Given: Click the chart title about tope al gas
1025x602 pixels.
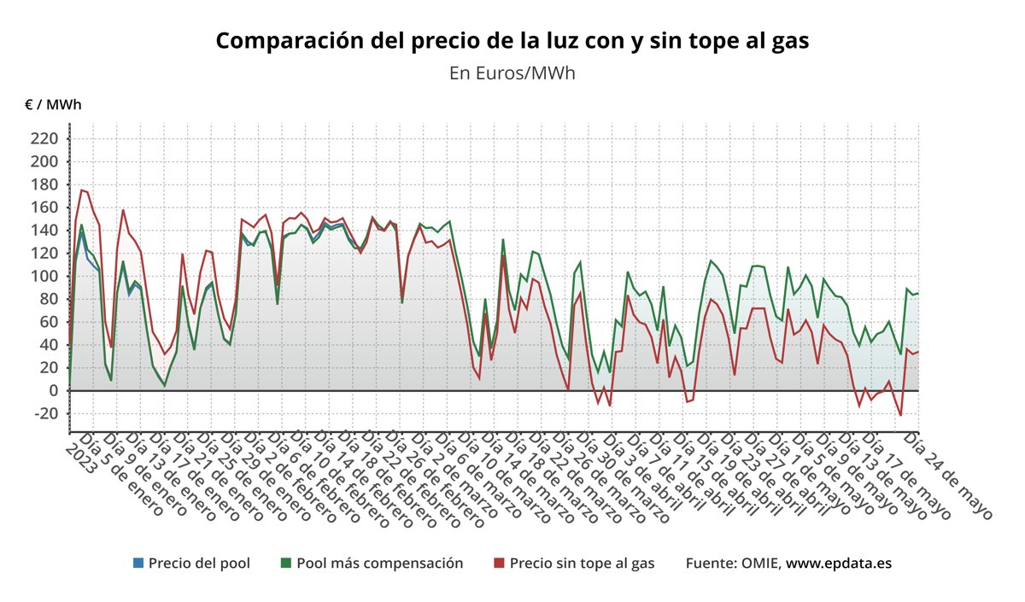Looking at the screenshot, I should coord(512,40).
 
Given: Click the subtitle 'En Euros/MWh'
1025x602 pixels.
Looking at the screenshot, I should coord(512,73).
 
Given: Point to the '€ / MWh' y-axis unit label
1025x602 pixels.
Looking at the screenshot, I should coord(53,105).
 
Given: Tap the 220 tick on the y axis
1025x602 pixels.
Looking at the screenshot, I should coord(44,138).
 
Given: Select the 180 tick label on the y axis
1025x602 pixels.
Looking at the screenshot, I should coord(44,184).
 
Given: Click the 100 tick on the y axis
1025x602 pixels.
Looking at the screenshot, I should coord(44,276).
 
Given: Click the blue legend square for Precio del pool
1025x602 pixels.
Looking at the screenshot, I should coord(138,564).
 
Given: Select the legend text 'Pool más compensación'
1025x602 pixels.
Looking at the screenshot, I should coord(379,564).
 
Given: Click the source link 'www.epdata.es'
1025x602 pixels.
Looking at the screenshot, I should coord(839,564).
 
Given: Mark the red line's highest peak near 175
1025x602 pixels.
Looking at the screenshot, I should coord(82,190).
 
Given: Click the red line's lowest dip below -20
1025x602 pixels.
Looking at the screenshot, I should coord(900,415).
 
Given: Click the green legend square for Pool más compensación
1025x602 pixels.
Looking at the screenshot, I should coord(286,564).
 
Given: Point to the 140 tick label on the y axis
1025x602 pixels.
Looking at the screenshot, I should coord(44,231).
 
